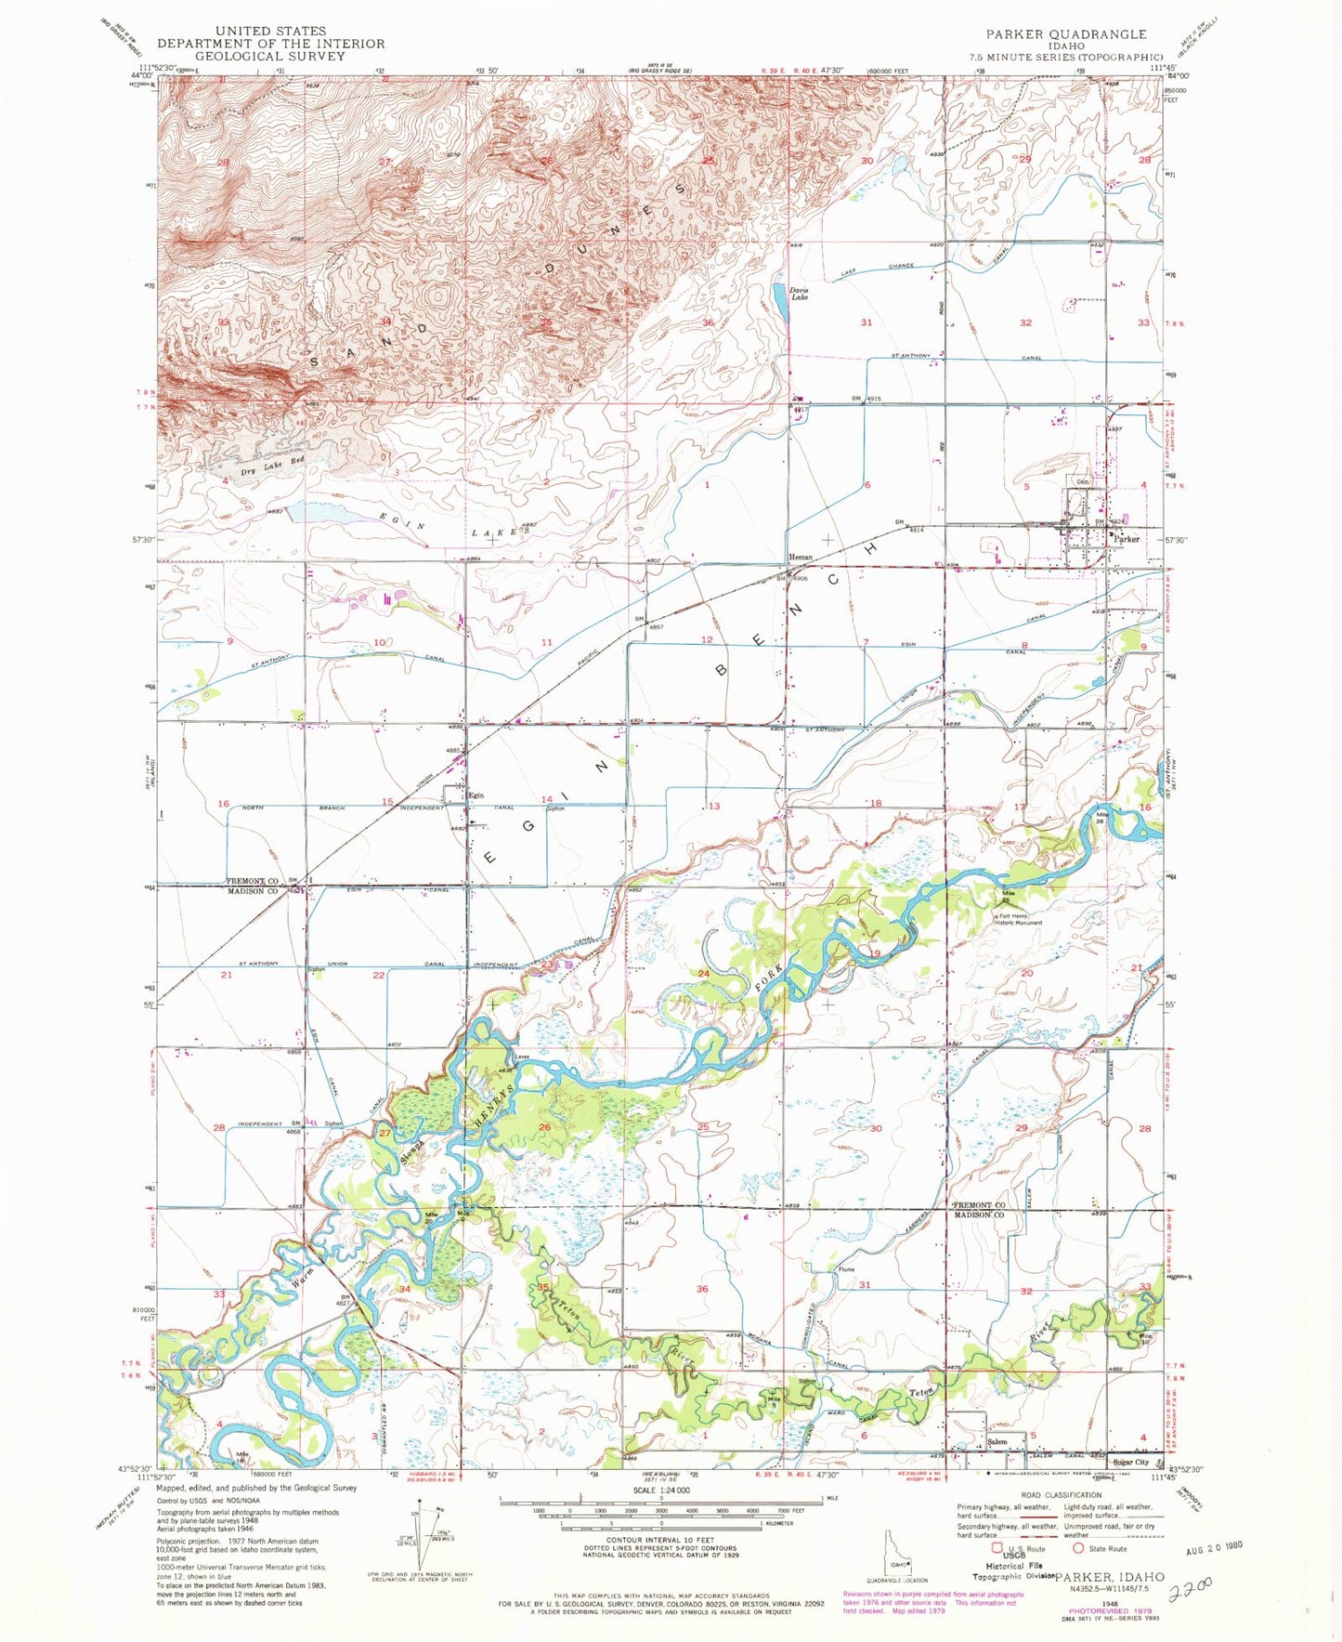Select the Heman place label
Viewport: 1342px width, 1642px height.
[x=801, y=558]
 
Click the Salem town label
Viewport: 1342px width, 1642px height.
[x=997, y=1441]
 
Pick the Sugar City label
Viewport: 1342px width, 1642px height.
[x=1130, y=1462]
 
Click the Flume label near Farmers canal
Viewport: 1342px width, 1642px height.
[x=845, y=1269]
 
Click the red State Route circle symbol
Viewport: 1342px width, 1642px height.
[x=1079, y=1548]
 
